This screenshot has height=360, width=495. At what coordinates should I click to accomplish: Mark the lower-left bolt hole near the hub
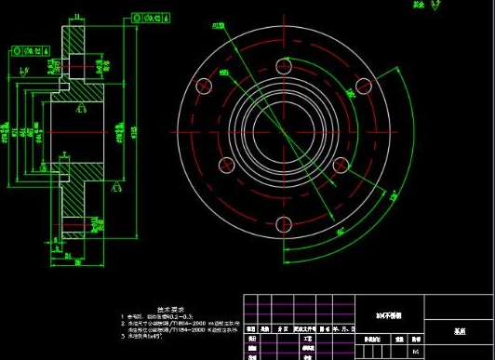pyautogui.click(x=226, y=165)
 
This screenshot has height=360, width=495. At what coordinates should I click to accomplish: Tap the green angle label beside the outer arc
pyautogui.click(x=394, y=195)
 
